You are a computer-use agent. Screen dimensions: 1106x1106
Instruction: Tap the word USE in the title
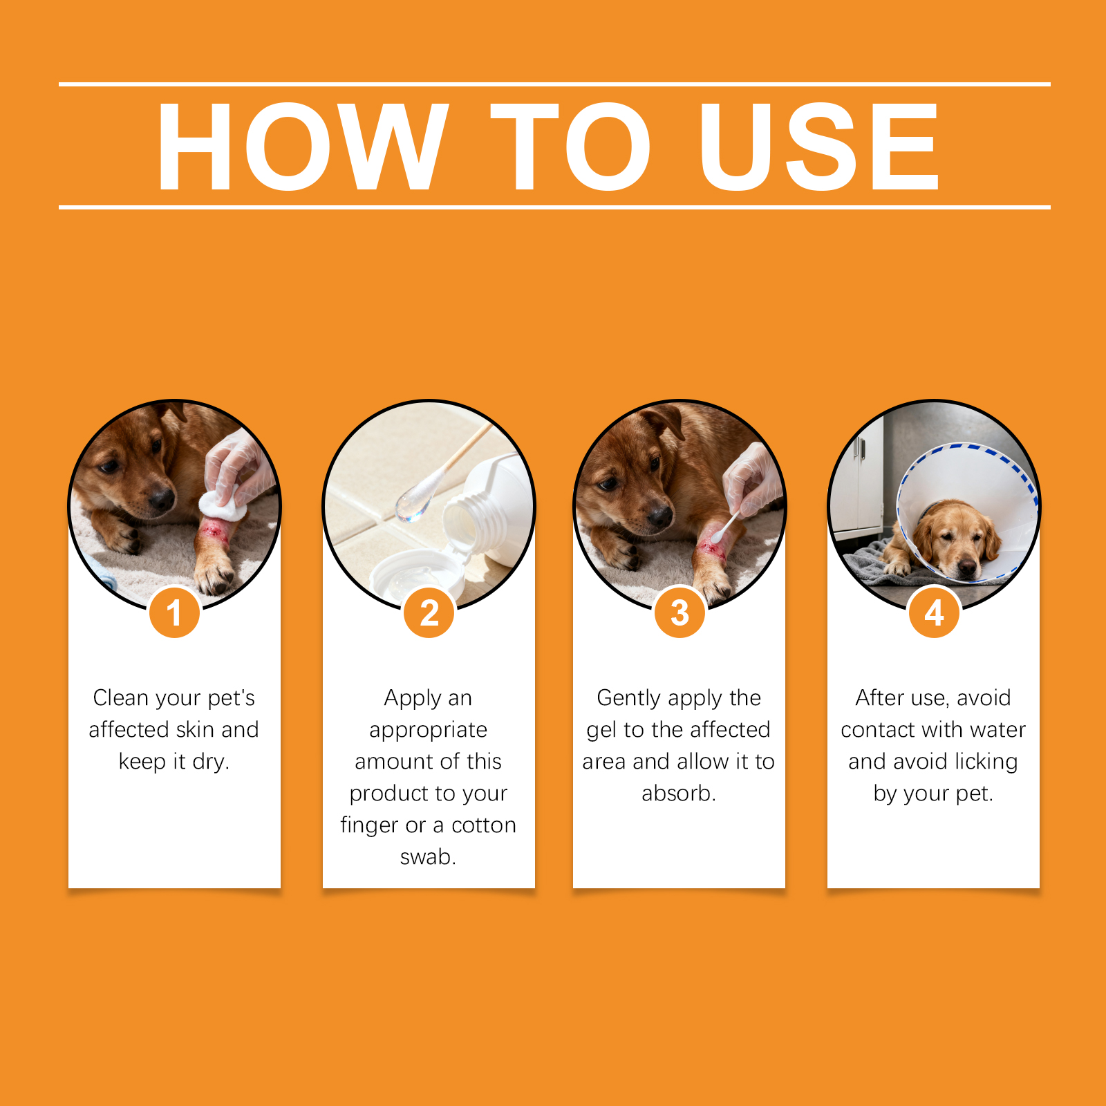pyautogui.click(x=820, y=146)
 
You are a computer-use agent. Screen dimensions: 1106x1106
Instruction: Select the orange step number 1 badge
pyautogui.click(x=174, y=612)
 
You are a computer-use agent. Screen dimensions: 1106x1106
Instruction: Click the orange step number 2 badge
pyautogui.click(x=429, y=612)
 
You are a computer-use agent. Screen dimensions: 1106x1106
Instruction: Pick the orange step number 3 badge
pyautogui.click(x=679, y=612)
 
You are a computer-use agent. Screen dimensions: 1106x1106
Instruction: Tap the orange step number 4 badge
pyautogui.click(x=934, y=612)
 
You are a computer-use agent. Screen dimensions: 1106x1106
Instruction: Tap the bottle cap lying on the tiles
pyautogui.click(x=415, y=574)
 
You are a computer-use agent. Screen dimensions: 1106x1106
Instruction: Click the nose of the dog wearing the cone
pyautogui.click(x=967, y=568)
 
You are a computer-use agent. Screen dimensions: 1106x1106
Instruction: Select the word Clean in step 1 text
pyautogui.click(x=121, y=697)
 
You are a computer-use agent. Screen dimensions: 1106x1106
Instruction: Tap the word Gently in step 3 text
pyautogui.click(x=629, y=698)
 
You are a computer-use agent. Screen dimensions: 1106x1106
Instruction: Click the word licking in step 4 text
pyautogui.click(x=986, y=762)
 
